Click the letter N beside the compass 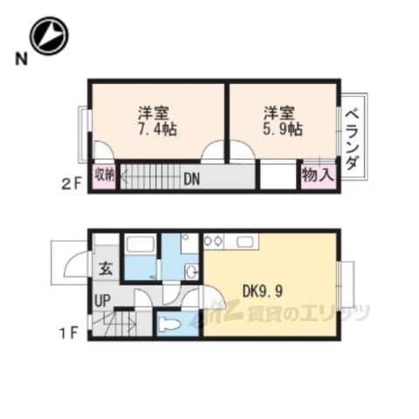point(18,59)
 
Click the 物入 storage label point(317,175)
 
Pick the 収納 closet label point(105,175)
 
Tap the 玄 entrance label point(105,269)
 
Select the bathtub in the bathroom point(139,254)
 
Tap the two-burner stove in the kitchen point(214,241)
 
